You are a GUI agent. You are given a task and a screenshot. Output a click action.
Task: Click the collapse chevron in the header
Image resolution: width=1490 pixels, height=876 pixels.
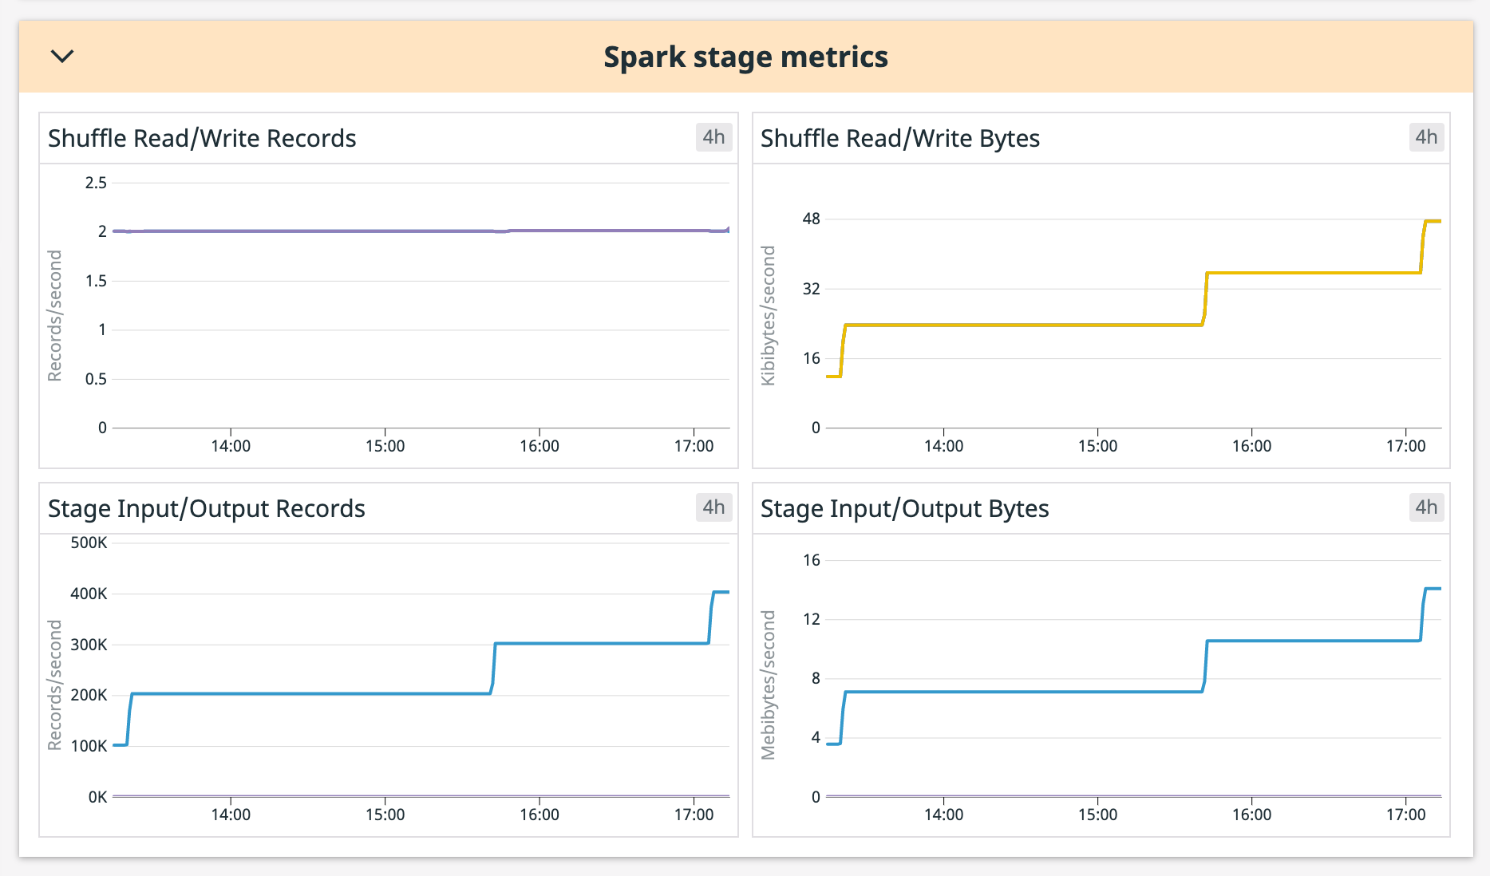62,56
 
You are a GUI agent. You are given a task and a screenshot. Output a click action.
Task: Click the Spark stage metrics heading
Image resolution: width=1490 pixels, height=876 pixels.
745,57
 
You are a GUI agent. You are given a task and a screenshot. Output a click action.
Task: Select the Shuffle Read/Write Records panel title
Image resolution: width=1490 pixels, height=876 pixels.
202,138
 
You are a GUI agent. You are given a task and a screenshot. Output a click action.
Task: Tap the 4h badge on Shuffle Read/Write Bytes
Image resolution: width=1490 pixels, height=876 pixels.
1425,137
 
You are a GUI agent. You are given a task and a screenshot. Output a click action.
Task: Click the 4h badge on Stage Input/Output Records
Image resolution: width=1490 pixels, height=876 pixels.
713,507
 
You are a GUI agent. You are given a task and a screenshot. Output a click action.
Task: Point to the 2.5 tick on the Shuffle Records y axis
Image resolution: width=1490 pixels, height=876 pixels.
96,183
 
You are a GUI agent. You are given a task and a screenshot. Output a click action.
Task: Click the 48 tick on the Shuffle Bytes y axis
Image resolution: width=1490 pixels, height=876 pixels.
811,219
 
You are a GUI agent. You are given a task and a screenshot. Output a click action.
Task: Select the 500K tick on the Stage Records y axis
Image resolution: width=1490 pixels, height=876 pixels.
89,543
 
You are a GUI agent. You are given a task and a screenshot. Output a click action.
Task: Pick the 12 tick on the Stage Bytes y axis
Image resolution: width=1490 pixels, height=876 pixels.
811,619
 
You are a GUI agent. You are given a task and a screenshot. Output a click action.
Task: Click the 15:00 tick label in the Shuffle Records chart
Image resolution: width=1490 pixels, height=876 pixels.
385,446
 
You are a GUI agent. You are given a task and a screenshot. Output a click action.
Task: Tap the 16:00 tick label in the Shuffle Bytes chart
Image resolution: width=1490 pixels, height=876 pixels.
1251,446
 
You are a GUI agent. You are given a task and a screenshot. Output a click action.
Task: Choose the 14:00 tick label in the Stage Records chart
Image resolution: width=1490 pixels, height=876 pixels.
231,815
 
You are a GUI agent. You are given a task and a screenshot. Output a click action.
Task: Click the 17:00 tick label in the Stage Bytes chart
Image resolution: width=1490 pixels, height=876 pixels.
1405,815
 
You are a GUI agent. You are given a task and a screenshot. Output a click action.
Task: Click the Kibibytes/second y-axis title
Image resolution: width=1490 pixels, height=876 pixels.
768,315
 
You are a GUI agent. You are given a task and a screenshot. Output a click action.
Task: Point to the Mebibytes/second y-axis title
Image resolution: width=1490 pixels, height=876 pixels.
768,685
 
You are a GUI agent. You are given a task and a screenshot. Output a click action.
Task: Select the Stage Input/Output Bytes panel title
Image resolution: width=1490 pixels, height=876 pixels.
904,508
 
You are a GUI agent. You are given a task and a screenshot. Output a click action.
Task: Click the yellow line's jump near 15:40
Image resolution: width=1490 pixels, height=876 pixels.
1205,299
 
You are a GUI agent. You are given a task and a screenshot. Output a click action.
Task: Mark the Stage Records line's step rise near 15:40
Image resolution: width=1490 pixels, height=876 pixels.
494,669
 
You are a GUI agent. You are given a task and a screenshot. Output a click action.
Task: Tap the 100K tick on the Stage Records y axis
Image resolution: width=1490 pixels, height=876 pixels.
89,746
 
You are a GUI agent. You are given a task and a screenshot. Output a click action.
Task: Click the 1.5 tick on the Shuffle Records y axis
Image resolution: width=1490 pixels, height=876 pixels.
96,281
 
